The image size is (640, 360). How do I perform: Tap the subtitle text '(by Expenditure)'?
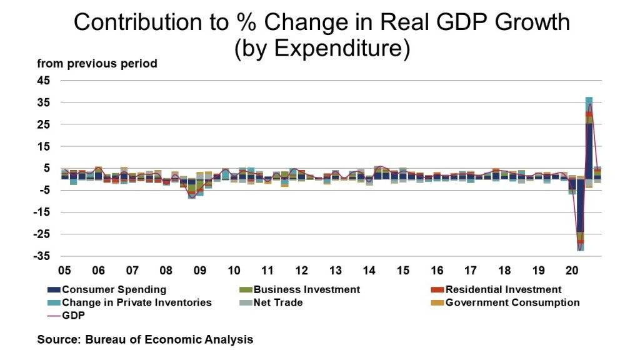[x=322, y=49]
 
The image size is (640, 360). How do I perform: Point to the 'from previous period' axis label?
[x=97, y=64]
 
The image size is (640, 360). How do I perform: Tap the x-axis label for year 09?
[x=200, y=271]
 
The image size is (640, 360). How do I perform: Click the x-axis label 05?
[x=64, y=271]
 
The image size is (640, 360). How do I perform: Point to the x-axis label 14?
[x=369, y=271]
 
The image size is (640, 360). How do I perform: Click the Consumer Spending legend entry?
[x=107, y=289]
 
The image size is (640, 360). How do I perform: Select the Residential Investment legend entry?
[x=496, y=289]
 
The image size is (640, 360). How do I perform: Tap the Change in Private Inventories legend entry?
[x=129, y=302]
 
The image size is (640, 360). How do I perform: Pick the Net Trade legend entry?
[x=279, y=302]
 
